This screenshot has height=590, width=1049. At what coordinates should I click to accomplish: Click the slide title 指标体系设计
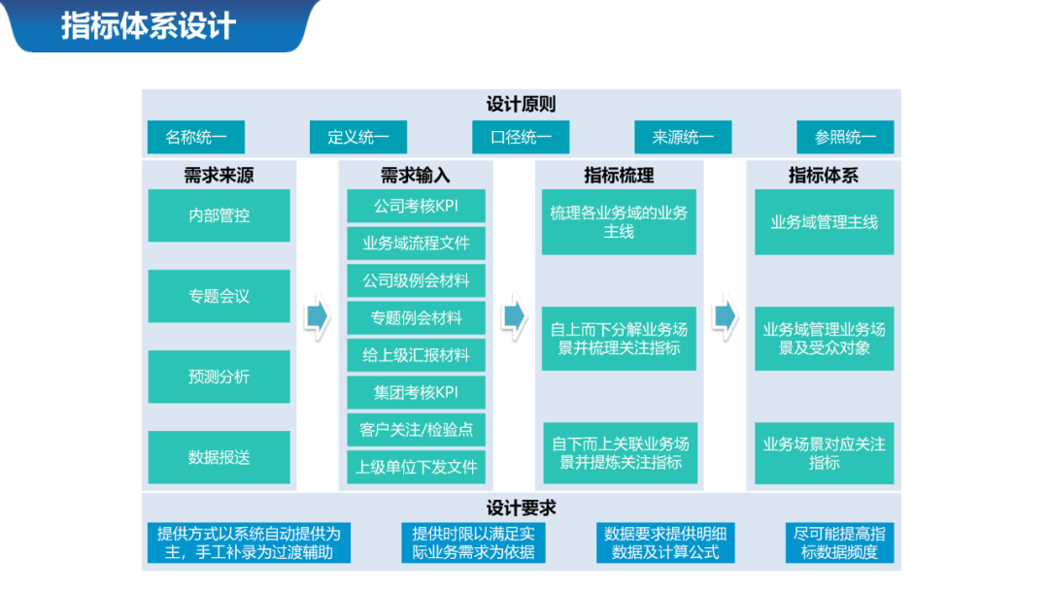pos(149,26)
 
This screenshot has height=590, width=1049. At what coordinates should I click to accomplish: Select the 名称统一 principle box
pos(195,137)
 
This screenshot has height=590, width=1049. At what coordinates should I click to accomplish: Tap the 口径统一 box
pos(521,137)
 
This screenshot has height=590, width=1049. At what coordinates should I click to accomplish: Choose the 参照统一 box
pos(845,137)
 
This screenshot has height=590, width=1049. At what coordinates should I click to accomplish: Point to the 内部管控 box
pos(219,215)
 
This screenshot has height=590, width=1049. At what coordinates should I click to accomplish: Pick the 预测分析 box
pos(219,377)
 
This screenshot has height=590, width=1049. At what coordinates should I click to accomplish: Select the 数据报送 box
pos(219,457)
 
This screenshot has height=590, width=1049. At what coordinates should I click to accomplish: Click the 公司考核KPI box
pos(416,206)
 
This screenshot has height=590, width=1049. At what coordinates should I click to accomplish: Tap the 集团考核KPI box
pos(416,392)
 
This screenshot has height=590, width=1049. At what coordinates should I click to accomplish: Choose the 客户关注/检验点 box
pos(416,429)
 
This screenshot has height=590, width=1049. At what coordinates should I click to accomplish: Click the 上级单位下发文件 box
pos(416,467)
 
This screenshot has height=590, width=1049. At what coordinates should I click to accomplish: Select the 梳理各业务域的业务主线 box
pos(619,222)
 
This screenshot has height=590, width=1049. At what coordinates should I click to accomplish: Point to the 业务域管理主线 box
pos(824,222)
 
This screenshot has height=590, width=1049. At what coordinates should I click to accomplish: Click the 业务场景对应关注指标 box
pos(824,453)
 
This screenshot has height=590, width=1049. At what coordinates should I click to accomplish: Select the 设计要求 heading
pos(521,508)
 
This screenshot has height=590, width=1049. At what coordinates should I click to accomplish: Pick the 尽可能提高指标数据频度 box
pos(839,543)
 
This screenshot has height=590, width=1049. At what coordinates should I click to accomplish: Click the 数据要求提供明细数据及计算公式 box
pos(665,543)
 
